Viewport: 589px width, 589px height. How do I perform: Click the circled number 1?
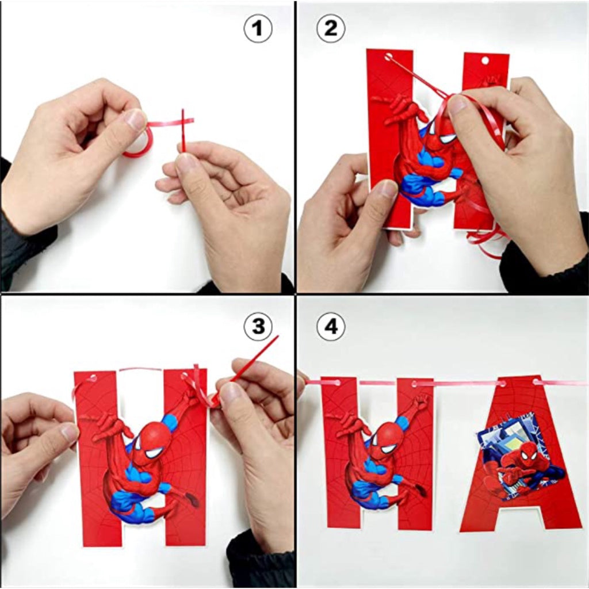258,28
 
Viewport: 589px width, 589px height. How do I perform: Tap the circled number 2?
331,28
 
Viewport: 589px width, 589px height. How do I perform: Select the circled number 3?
258,326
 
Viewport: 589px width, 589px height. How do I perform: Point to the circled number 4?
331,326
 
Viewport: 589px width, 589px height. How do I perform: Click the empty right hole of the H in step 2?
485,60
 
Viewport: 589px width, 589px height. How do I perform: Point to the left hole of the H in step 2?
388,57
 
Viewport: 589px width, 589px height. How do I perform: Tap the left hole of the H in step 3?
91,378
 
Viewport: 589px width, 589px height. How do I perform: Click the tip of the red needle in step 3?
278,336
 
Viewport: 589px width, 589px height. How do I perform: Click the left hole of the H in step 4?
336,383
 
